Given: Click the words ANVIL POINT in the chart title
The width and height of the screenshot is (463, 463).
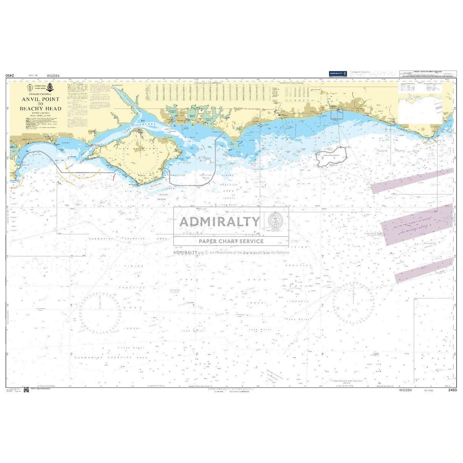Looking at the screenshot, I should tap(40, 99).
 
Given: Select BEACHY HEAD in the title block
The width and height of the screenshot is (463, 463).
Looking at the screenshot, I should tap(40, 109).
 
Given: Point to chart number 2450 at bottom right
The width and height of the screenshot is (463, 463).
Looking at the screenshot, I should tap(452, 390).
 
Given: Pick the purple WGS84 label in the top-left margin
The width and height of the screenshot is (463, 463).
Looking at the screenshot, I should tap(53, 76).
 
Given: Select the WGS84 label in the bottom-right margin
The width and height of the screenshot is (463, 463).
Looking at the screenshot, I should tap(405, 390).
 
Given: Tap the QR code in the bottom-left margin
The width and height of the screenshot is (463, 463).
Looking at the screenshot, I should tap(26, 389).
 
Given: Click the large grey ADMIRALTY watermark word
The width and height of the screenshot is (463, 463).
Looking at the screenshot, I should tap(220, 222).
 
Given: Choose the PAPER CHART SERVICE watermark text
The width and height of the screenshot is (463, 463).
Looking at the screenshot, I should tap(231, 241).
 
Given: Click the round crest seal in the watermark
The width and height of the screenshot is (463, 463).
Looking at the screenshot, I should tap(276, 221).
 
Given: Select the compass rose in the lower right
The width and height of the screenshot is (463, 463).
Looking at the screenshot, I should tap(353, 304).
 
